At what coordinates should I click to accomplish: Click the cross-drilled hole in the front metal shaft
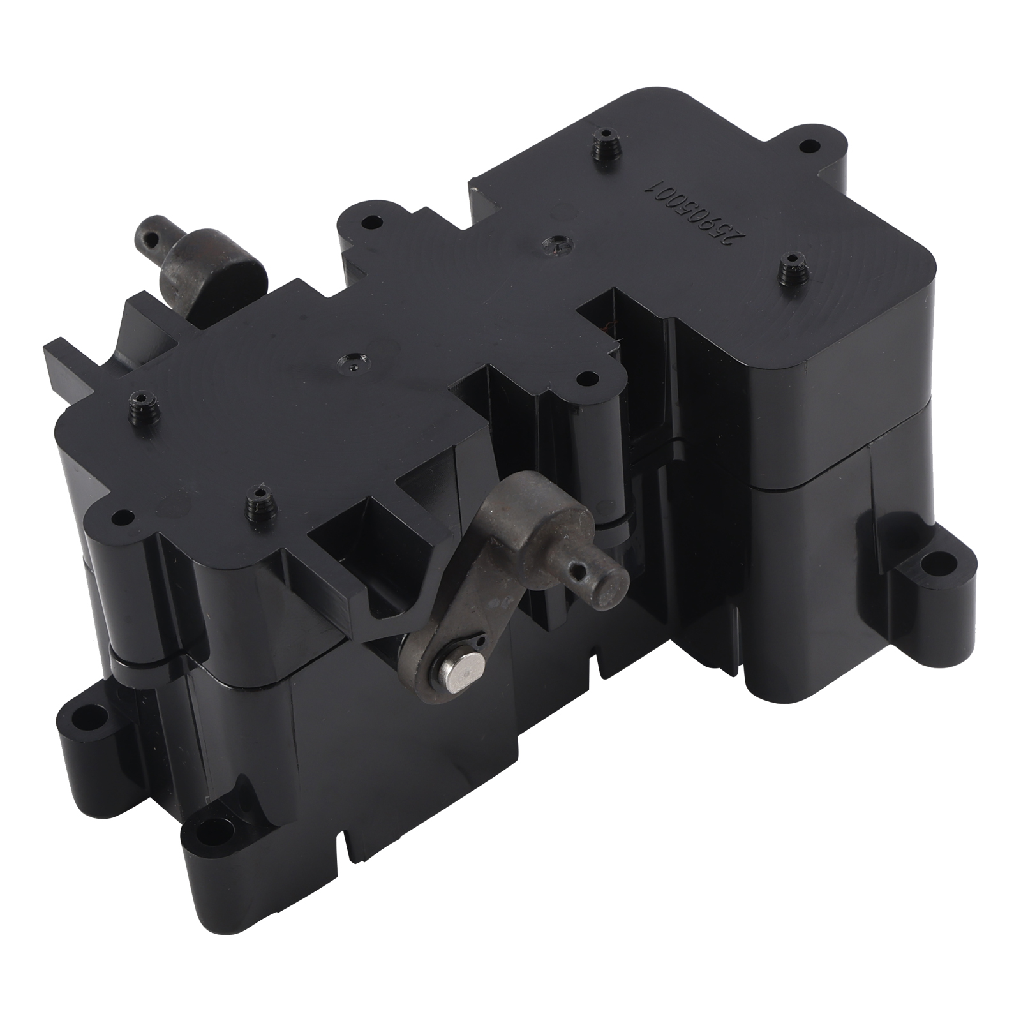click(581, 564)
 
